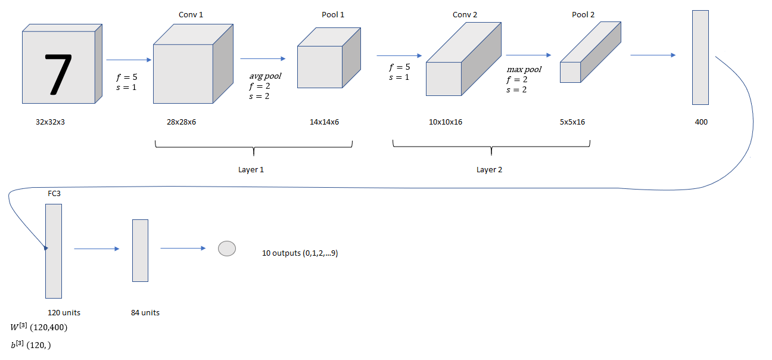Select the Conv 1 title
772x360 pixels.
coord(191,14)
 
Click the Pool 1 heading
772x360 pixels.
coord(333,14)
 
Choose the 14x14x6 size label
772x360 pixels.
coord(324,122)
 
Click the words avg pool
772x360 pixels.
coord(265,76)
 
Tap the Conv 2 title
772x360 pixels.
coord(465,14)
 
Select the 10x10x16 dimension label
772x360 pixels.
coord(446,122)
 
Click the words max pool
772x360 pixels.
coord(524,70)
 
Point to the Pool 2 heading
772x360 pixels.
coord(583,14)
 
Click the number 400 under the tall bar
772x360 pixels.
coord(701,122)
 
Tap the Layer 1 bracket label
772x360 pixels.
coord(251,170)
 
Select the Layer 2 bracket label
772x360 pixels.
coord(489,170)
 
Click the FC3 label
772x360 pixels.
coord(55,194)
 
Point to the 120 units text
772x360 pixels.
coord(64,312)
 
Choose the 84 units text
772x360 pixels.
coord(145,312)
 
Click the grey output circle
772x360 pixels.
coord(227,249)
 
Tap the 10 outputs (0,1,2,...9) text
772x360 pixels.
coord(300,253)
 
